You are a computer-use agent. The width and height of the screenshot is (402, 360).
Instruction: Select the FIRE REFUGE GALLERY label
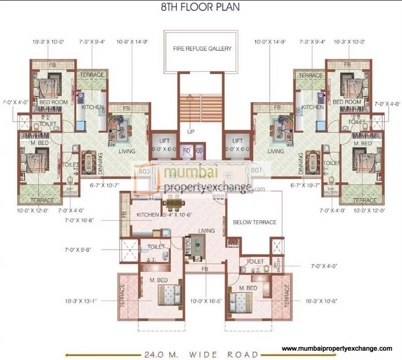202,49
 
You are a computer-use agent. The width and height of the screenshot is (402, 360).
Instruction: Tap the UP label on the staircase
191,132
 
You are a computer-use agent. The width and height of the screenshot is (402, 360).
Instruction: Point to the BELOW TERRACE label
255,222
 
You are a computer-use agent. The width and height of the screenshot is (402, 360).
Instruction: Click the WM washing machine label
232,242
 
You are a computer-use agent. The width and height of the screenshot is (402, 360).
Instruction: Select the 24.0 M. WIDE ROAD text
201,354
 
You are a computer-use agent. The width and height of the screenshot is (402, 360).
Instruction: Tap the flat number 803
144,171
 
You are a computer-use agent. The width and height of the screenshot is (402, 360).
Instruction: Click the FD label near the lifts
187,152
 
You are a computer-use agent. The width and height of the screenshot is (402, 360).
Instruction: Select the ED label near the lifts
199,152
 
